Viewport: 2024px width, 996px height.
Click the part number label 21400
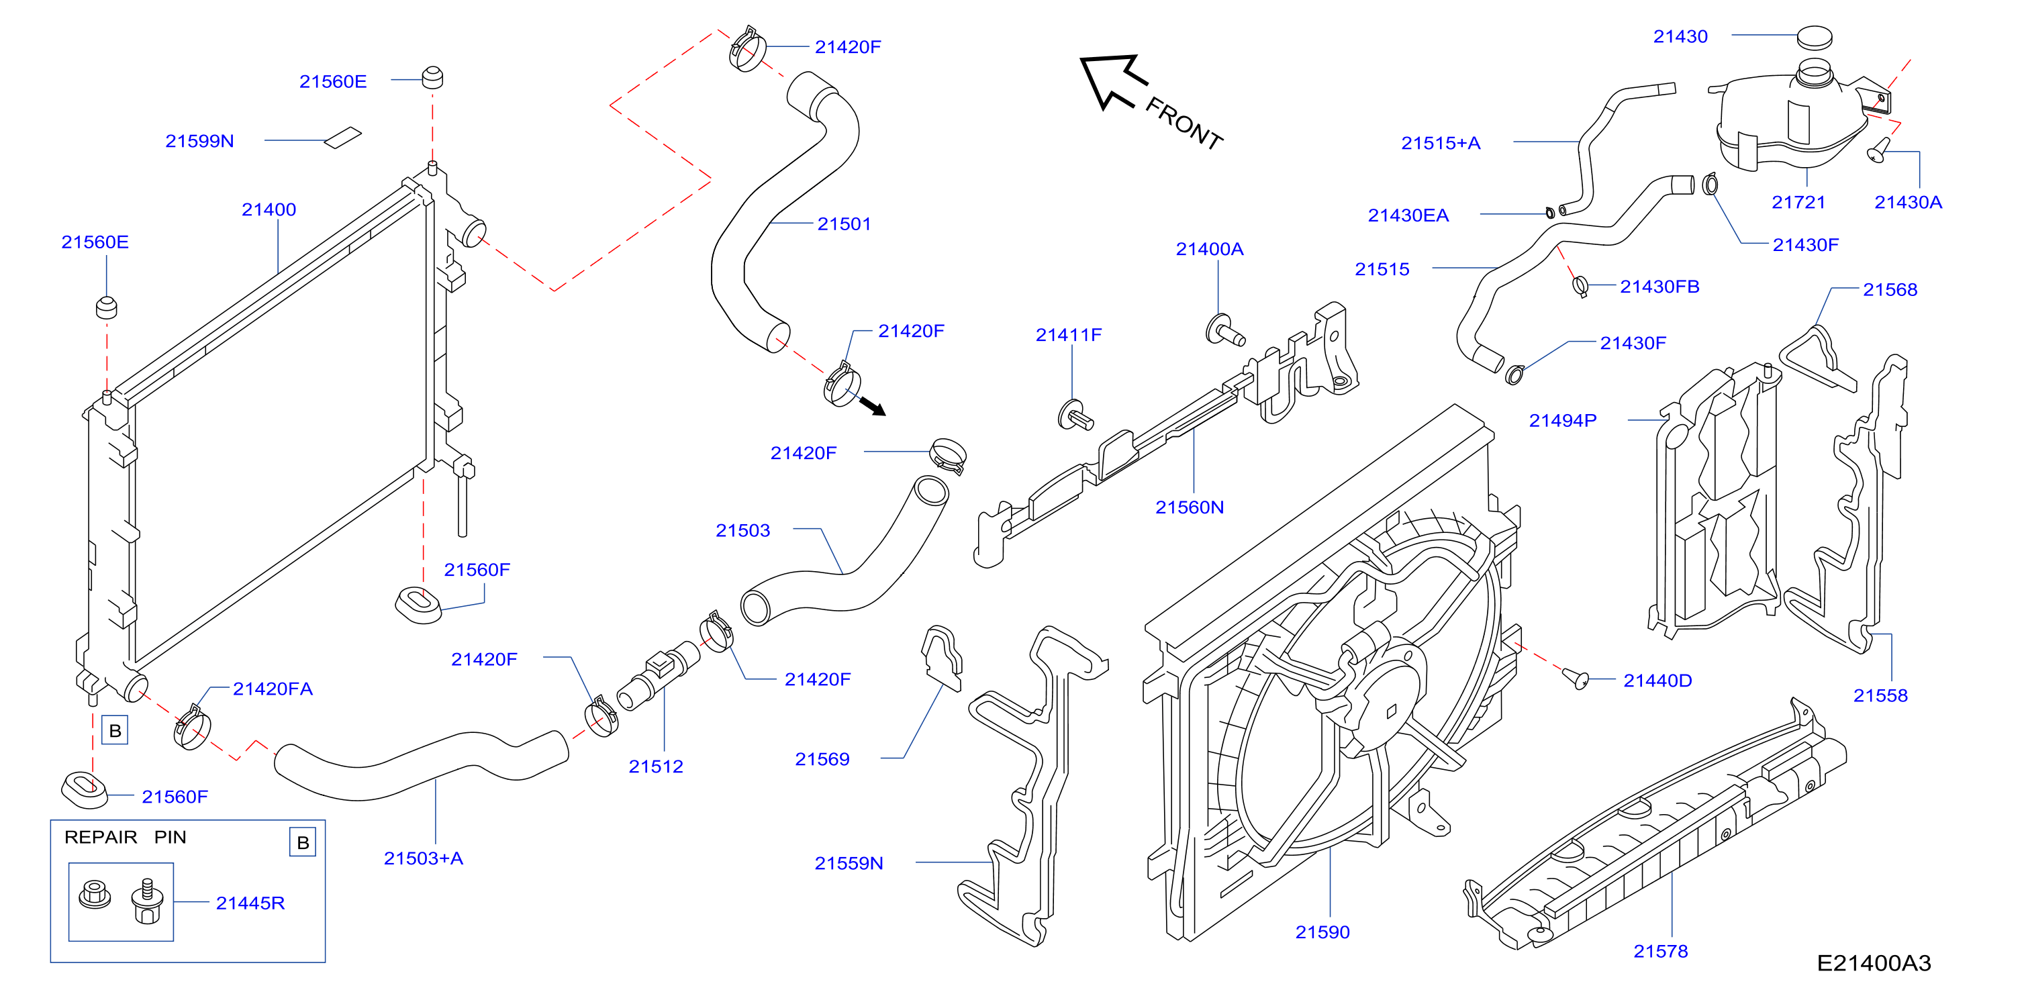click(x=269, y=209)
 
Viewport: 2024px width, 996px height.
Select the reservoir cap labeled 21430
click(x=1815, y=37)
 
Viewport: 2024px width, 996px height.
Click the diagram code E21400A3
click(x=1874, y=963)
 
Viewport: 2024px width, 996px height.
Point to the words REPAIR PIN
click(x=126, y=838)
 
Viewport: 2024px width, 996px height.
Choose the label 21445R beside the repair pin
click(x=250, y=903)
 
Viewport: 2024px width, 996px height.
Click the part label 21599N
click(x=199, y=142)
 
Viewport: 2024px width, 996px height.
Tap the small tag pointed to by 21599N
click(x=343, y=138)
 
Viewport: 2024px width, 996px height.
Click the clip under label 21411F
click(x=1075, y=415)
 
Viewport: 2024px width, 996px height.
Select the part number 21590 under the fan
click(x=1322, y=932)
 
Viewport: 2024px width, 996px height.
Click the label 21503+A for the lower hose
click(x=424, y=858)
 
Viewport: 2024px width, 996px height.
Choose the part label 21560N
click(x=1190, y=507)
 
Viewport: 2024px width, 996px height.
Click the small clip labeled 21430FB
click(x=1581, y=286)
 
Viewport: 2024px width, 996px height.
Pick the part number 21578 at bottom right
click(x=1660, y=951)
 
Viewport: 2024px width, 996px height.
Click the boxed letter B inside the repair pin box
click(x=303, y=843)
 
